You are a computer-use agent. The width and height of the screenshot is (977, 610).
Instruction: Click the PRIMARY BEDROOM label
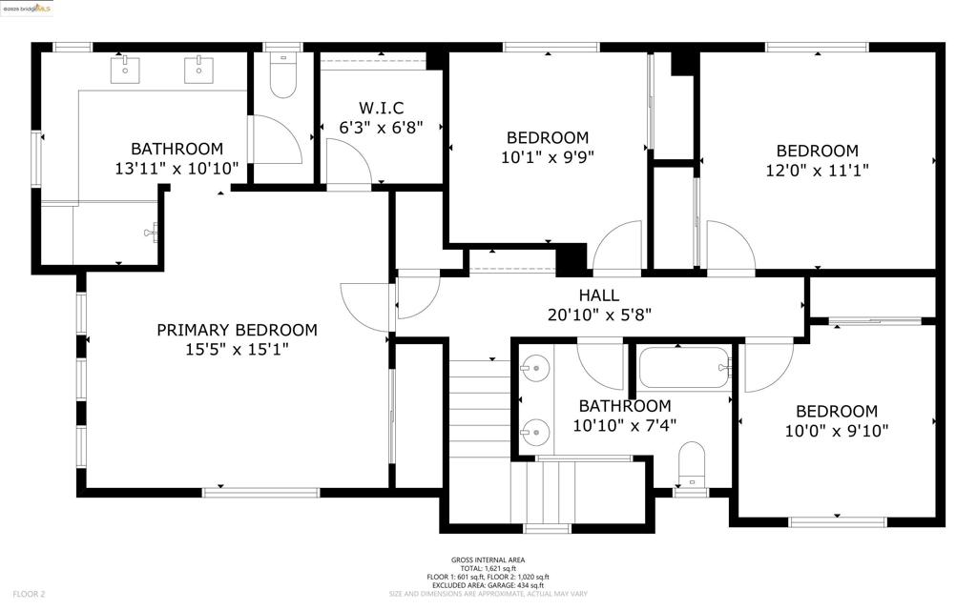point(237,330)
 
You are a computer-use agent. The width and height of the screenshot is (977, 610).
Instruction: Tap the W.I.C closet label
point(382,108)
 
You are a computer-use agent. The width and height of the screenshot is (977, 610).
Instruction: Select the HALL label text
point(599,295)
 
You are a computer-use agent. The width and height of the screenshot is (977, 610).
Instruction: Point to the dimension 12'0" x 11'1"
point(817,170)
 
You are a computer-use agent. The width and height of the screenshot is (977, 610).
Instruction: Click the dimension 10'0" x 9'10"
point(836,431)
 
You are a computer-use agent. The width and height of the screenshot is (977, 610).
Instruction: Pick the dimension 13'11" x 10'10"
point(177,168)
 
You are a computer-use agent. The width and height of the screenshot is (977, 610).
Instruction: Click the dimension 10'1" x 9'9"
point(548,157)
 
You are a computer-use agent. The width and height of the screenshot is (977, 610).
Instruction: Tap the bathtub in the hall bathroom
point(684,367)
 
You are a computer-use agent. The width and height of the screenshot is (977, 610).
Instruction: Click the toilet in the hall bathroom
point(691,465)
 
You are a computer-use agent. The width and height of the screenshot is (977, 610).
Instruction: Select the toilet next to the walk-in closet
point(282,75)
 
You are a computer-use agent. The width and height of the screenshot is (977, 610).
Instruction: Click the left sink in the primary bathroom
point(125,69)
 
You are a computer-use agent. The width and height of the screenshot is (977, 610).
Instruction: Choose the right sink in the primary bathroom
point(198,69)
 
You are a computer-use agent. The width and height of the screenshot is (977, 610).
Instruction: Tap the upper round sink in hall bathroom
point(534,368)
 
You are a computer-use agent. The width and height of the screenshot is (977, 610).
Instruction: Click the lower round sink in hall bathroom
point(534,431)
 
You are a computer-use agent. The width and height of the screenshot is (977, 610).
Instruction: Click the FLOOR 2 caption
point(29,595)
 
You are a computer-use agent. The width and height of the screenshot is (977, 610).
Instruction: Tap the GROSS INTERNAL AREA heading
point(488,560)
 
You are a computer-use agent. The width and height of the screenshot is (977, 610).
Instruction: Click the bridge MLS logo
point(27,9)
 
